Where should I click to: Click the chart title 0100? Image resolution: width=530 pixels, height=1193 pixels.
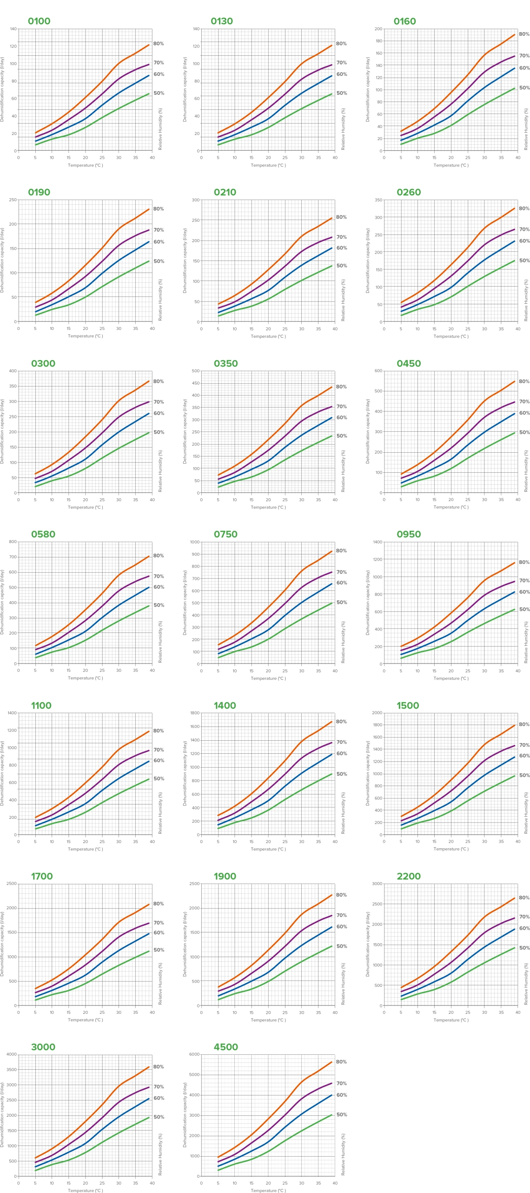tap(39, 21)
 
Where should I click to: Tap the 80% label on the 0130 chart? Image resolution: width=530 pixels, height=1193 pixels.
tap(341, 44)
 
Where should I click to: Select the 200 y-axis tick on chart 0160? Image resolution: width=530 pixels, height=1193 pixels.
tap(378, 29)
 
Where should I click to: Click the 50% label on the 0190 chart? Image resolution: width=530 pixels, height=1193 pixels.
tap(159, 261)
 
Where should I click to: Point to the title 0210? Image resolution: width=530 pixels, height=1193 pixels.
tap(225, 192)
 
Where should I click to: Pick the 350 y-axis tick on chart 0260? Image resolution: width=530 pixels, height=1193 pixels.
tap(378, 200)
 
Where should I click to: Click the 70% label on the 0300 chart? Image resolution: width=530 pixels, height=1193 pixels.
tap(159, 402)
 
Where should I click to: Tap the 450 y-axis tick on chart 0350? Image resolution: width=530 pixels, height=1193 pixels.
tap(196, 383)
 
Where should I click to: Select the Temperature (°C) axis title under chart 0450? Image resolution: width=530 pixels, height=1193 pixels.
tap(451, 507)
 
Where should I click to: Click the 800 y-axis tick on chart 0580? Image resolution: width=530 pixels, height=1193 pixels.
tap(13, 542)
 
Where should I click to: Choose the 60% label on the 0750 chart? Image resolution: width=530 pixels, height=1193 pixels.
tap(341, 583)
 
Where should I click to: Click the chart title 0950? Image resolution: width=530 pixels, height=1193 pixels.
tap(409, 534)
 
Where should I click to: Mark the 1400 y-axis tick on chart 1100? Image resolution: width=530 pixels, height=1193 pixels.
tap(12, 713)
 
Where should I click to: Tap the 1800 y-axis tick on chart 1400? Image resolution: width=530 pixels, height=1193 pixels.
tap(195, 713)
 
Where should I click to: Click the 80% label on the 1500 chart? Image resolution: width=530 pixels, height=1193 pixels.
tap(524, 724)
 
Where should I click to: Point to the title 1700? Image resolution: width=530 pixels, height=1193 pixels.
tap(42, 876)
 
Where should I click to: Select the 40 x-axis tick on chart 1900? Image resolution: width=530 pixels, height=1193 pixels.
tap(335, 1012)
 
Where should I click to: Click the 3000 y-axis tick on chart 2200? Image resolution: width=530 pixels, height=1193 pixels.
tap(378, 884)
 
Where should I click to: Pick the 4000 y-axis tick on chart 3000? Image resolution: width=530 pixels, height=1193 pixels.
tap(12, 1054)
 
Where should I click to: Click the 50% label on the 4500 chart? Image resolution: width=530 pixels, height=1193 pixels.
tap(341, 1115)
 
